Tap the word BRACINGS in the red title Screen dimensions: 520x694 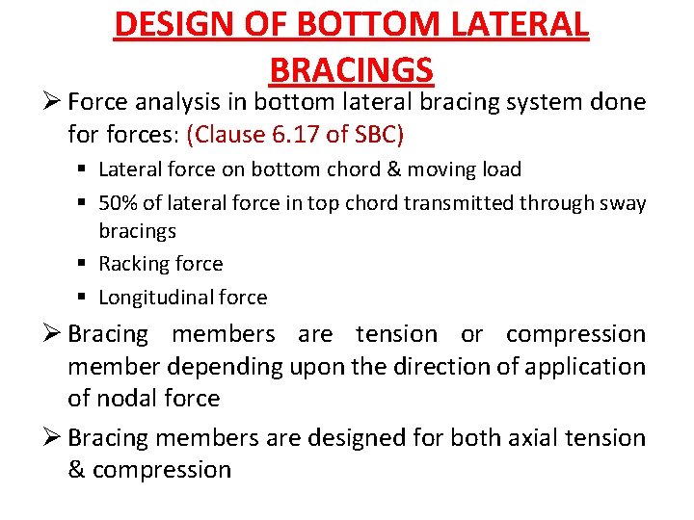pyautogui.click(x=352, y=70)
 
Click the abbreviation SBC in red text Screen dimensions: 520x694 pyautogui.click(x=379, y=133)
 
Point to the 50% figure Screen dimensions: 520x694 pyautogui.click(x=119, y=202)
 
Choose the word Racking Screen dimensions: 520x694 pyautogui.click(x=132, y=264)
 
